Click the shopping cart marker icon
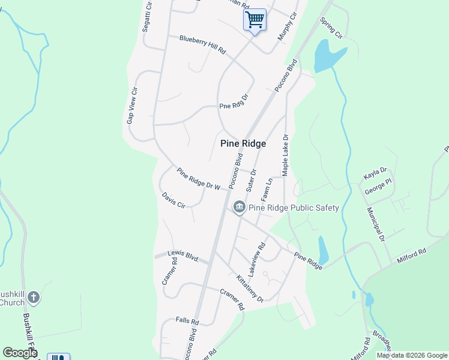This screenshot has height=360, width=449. coord(255,20)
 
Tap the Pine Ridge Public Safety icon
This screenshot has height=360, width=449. coord(239,208)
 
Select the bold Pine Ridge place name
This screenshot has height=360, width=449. coord(243,143)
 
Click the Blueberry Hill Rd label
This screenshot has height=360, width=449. coord(202,45)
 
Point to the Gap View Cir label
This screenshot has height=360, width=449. coord(132,106)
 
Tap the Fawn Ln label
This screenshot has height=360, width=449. coord(267,189)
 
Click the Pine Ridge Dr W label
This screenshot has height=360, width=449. coord(199,179)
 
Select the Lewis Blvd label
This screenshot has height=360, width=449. coord(183,256)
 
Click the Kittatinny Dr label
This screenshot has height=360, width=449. coord(250,289)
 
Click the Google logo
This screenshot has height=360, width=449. coord(20,353)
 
